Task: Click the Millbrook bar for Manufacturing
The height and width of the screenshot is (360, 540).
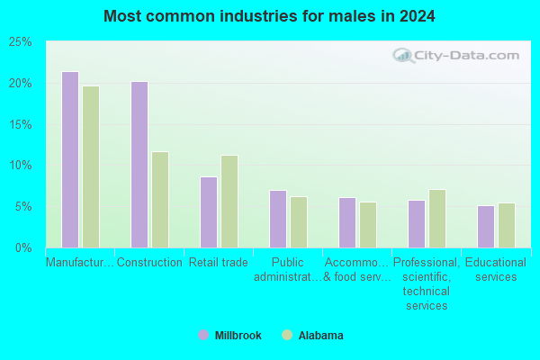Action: tap(70, 159)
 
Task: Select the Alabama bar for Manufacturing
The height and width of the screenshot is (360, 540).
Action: tap(91, 166)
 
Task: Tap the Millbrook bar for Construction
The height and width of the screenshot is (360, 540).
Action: tap(139, 165)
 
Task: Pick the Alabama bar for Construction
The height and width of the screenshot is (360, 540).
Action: tap(160, 200)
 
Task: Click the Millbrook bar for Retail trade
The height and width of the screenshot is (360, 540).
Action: tap(209, 212)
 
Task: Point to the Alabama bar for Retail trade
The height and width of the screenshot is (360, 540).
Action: tap(229, 202)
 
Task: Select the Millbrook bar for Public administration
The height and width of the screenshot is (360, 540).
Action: tap(278, 219)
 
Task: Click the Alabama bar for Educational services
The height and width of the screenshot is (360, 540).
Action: tap(507, 225)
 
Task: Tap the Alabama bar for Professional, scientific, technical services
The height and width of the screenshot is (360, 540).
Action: tap(437, 219)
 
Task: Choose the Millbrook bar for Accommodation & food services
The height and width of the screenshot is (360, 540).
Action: tap(347, 222)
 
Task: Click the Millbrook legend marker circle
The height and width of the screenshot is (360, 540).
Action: tap(203, 335)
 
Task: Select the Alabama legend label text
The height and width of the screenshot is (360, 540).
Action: tap(320, 335)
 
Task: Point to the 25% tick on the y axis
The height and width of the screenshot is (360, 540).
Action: tap(21, 42)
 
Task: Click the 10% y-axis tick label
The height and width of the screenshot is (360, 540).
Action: tap(21, 166)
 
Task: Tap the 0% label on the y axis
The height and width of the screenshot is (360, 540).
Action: tap(23, 247)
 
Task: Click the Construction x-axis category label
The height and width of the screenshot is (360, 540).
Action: tap(149, 263)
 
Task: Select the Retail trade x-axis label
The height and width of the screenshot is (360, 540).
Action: tap(219, 263)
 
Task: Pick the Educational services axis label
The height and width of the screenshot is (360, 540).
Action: tap(496, 269)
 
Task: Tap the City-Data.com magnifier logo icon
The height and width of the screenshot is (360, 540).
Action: tap(403, 56)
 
